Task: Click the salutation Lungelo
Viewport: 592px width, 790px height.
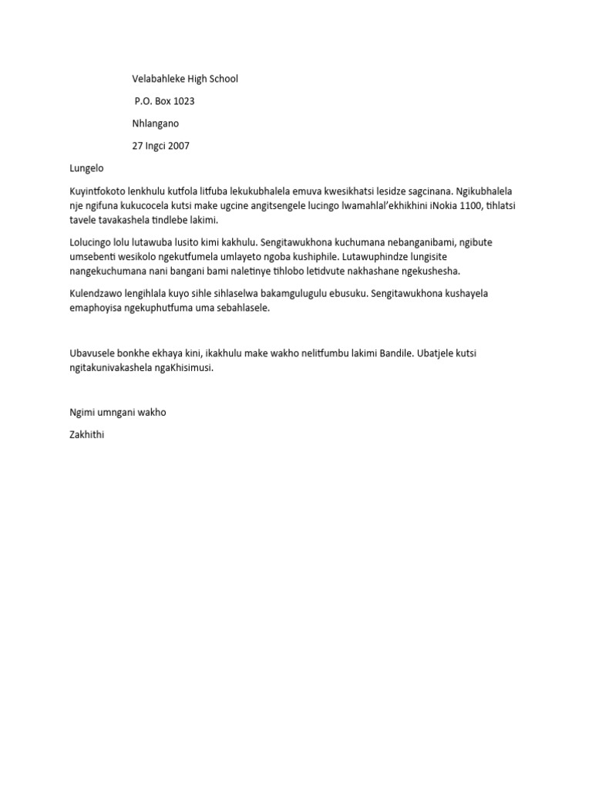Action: (x=86, y=168)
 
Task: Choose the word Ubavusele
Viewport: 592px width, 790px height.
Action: (x=94, y=353)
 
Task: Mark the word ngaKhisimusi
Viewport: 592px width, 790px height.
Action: (x=183, y=367)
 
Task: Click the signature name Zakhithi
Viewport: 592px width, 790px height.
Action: (x=86, y=434)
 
